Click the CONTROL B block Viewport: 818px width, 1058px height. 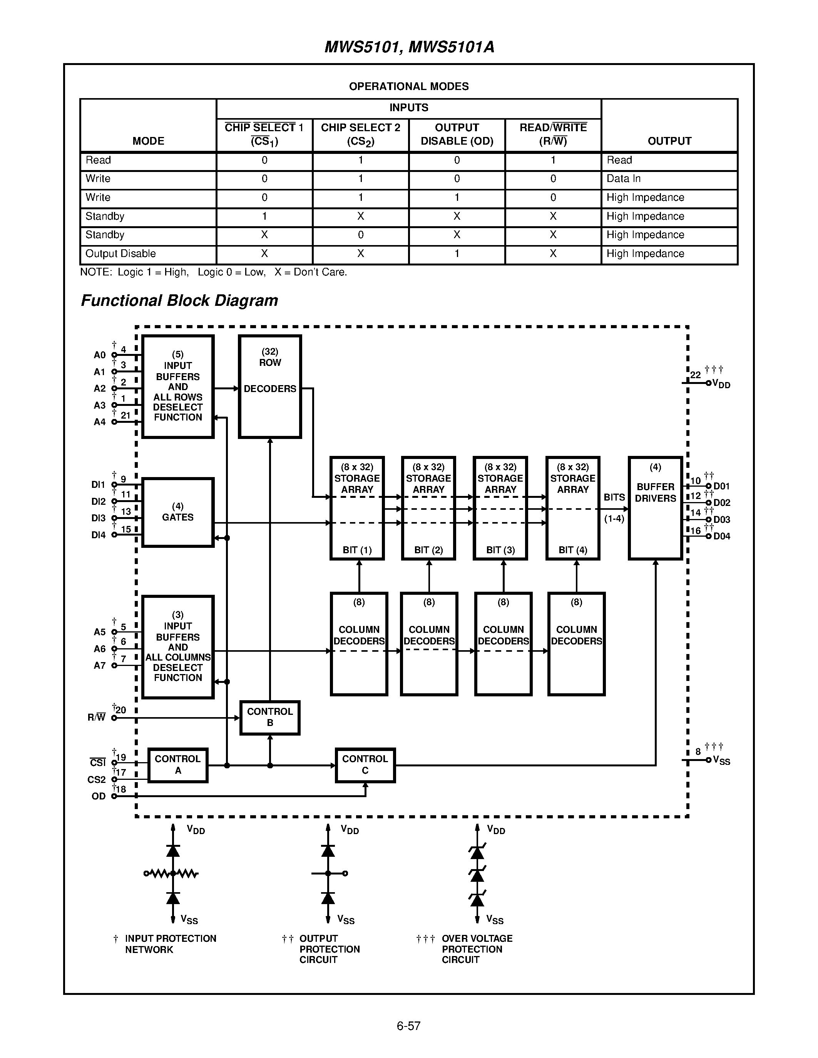click(x=270, y=718)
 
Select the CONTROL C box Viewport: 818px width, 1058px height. click(x=365, y=765)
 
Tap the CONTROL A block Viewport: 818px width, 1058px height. click(x=178, y=765)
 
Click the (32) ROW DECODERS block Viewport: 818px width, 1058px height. click(x=270, y=386)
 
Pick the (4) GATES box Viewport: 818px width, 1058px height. click(x=178, y=512)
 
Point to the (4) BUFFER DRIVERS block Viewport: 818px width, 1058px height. click(x=655, y=508)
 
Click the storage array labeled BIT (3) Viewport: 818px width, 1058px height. click(x=500, y=508)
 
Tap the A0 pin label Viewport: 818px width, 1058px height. click(x=99, y=355)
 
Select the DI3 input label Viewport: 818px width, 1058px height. click(x=99, y=518)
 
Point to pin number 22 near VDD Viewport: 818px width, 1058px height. click(x=696, y=375)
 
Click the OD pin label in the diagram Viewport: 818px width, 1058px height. click(x=99, y=796)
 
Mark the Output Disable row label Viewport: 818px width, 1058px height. click(x=120, y=254)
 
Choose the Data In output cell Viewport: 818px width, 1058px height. click(x=623, y=179)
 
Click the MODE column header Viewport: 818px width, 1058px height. click(x=148, y=141)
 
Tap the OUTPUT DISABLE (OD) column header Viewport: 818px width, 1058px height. click(x=457, y=134)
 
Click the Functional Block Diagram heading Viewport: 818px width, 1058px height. click(x=179, y=300)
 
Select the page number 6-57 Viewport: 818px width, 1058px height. click(x=408, y=1026)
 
